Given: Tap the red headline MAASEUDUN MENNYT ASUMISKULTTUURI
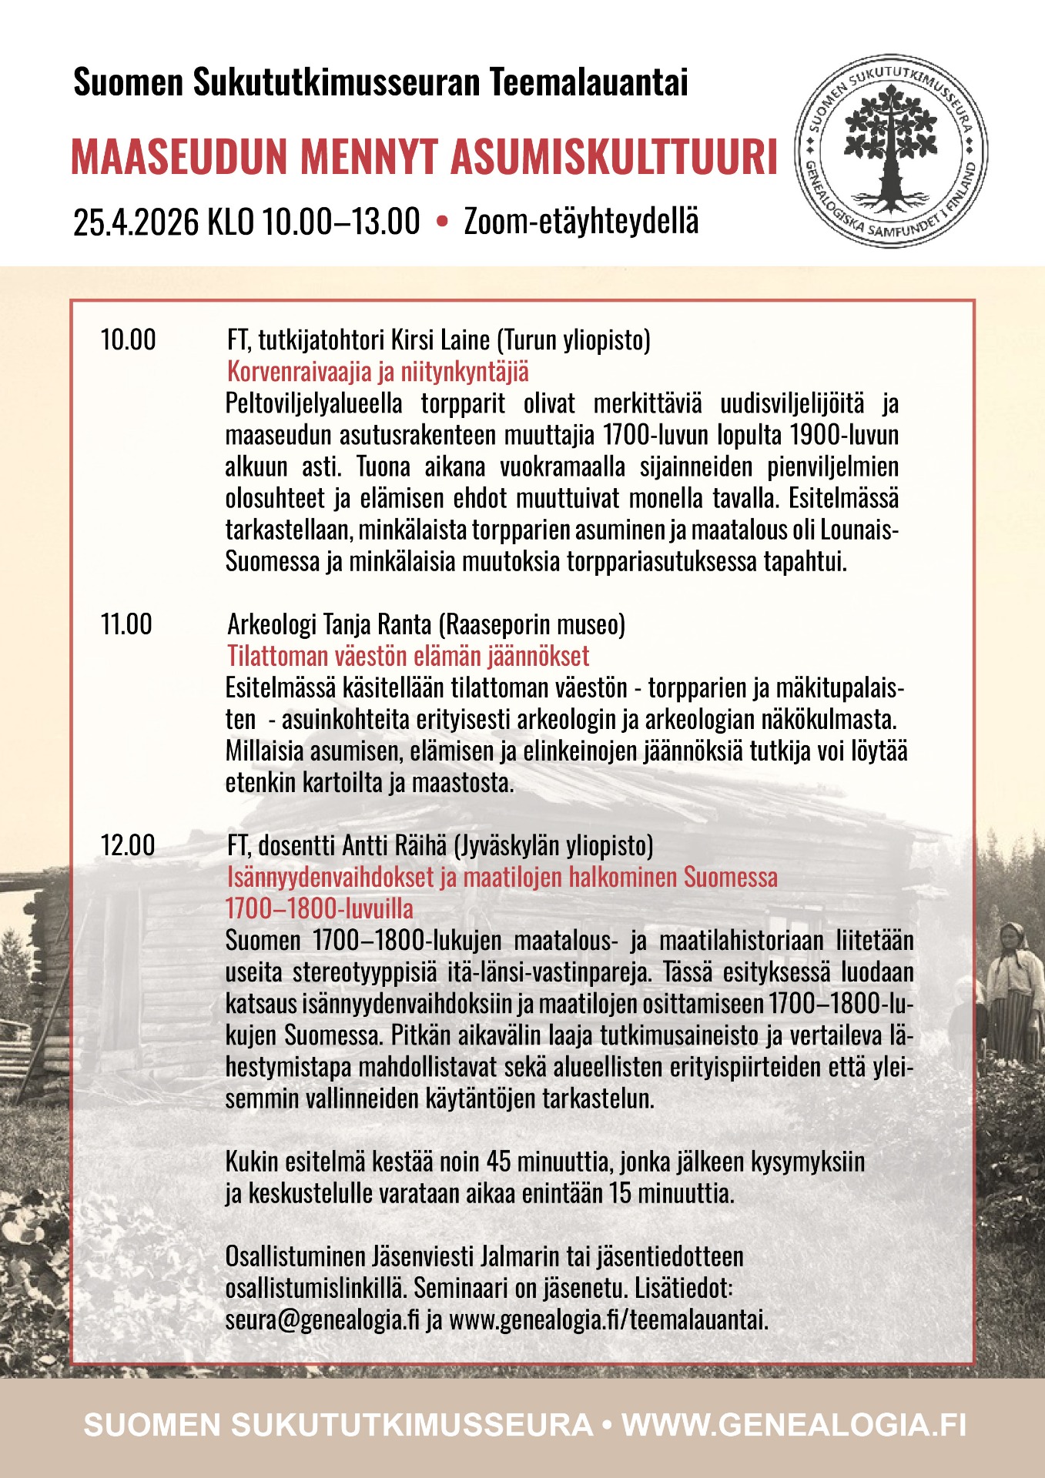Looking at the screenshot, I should tap(424, 156).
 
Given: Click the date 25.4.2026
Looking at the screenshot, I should tap(137, 222).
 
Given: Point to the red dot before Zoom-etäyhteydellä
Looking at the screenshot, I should tap(442, 222).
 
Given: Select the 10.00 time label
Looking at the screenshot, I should tap(128, 339).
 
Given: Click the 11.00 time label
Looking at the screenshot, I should tap(126, 624).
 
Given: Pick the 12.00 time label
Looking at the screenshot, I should tap(128, 845).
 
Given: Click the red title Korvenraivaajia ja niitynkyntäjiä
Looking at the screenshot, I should tap(378, 372).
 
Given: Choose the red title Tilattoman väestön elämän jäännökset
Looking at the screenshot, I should tap(408, 656).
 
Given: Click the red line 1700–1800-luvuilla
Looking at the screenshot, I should tap(319, 908).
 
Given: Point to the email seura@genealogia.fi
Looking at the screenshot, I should tap(322, 1319).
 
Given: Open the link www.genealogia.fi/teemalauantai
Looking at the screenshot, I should tap(608, 1319).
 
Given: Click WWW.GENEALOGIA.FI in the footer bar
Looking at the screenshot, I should tap(793, 1424).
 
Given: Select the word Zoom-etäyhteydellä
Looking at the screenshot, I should tap(581, 222).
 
